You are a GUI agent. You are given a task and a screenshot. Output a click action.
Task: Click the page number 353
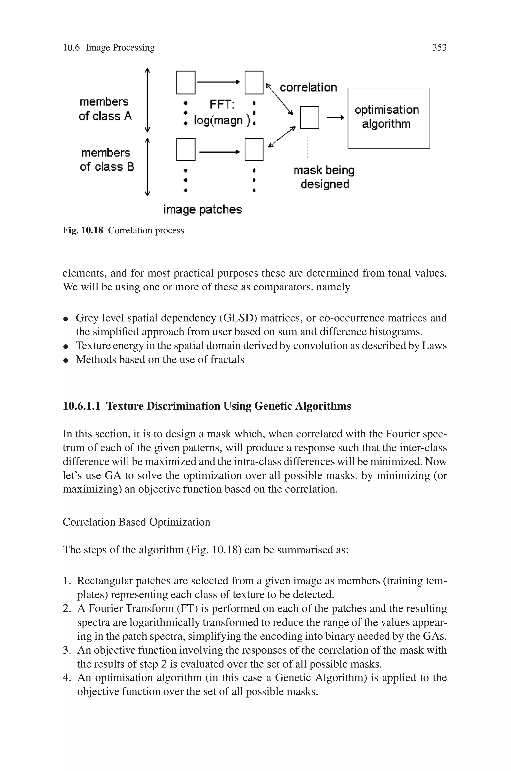(x=439, y=48)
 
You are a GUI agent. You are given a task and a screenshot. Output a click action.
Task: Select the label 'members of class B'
(x=106, y=160)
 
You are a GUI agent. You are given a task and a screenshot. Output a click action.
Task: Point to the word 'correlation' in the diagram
(x=308, y=87)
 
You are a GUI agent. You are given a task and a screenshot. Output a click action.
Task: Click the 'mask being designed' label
(x=324, y=177)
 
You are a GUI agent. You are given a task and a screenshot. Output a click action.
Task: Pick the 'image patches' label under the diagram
(x=202, y=209)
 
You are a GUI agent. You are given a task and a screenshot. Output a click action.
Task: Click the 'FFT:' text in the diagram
(x=222, y=105)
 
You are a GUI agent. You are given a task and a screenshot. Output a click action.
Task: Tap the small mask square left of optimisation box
(x=309, y=117)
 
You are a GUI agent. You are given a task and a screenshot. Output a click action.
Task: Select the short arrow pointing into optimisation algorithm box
(x=335, y=117)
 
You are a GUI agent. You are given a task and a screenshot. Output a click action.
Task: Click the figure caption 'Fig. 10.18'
(x=83, y=230)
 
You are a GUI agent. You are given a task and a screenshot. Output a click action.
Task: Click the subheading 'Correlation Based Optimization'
(x=136, y=522)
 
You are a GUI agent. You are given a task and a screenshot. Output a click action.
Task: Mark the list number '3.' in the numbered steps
(x=67, y=650)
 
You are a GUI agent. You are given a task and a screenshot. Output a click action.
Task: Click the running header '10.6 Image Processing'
(x=109, y=48)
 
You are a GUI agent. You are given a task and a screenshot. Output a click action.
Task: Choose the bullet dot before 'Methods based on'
(x=66, y=360)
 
